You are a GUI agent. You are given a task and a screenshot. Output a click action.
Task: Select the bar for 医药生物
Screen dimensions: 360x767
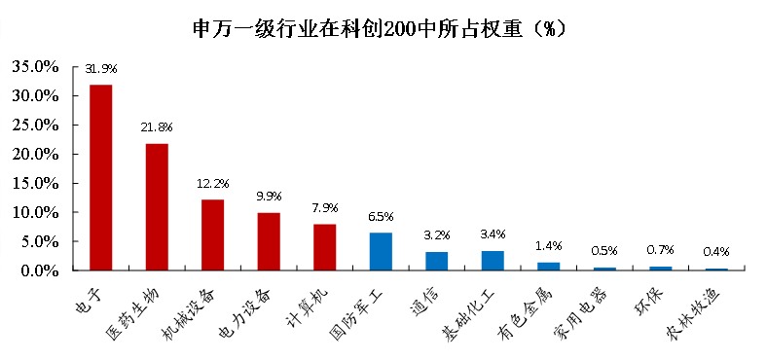(157, 206)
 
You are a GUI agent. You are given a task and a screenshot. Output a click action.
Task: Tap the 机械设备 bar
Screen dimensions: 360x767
(212, 234)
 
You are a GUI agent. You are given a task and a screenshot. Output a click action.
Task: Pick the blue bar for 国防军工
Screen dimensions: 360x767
(381, 251)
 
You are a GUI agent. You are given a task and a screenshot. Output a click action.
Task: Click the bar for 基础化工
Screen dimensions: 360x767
(493, 260)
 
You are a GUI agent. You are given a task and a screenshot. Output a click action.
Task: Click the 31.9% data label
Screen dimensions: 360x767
(101, 69)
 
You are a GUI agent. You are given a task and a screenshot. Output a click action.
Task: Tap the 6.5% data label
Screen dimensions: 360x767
(381, 216)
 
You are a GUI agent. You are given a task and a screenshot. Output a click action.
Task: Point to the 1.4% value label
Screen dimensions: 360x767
(549, 246)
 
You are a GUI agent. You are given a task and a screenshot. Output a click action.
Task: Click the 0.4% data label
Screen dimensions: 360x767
(716, 252)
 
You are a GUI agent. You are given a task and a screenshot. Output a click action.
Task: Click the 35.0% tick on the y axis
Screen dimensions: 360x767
(36, 67)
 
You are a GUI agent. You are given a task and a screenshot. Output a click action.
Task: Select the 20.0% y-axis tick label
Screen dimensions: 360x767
(36, 154)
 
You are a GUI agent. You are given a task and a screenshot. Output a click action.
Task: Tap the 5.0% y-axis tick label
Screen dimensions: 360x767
(40, 241)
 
